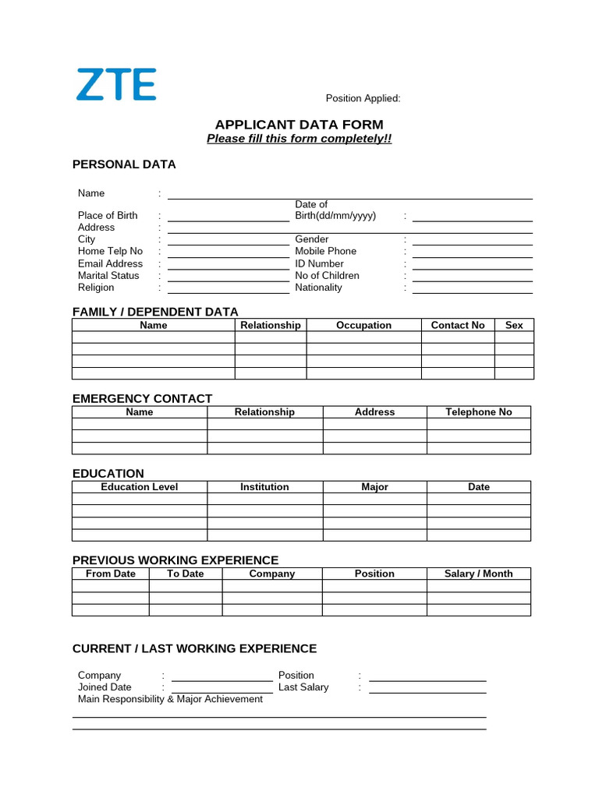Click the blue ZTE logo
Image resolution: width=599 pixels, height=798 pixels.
pos(116,84)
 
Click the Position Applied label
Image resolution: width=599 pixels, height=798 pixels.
pos(363,98)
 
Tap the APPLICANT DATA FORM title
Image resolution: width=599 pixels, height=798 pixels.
pos(299,125)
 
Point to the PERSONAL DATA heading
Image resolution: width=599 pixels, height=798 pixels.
pos(124,164)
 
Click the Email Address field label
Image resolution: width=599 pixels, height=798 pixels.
pos(110,263)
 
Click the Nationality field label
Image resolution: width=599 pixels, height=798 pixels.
pos(318,288)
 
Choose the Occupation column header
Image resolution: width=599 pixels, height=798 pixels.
pos(363,325)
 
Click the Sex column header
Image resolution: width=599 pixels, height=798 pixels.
pos(514,325)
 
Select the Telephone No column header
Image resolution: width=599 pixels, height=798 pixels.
pos(478,412)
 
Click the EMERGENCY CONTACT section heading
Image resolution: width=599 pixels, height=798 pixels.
pos(142,398)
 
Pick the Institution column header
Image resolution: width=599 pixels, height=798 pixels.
pos(264,487)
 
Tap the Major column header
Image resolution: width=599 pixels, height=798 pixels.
pos(374,487)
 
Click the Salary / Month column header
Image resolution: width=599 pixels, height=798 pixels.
pos(478,574)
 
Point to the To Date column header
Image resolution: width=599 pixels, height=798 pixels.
pos(185,574)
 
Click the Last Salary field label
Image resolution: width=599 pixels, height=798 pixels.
pos(303,687)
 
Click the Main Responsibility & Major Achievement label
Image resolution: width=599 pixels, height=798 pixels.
pos(170,699)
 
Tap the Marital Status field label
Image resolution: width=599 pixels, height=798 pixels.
pos(108,276)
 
